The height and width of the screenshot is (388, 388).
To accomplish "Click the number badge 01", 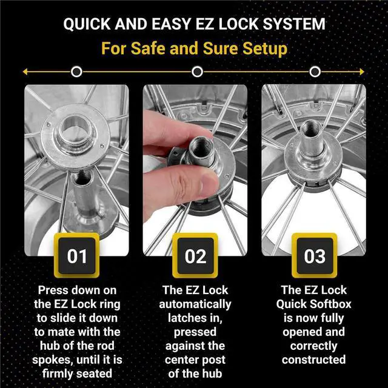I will coord(77,256).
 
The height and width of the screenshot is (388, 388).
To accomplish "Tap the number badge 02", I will coord(195,256).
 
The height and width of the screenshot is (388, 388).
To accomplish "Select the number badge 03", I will coord(314,256).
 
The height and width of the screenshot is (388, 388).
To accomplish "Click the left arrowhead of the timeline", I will coord(25,72).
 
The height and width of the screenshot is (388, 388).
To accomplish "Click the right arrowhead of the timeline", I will coord(363,72).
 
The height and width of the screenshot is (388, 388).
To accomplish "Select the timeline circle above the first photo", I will coord(76,72).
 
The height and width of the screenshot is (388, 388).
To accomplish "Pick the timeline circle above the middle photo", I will coord(196,72).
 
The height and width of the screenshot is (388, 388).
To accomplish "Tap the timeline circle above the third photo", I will coord(314,72).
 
